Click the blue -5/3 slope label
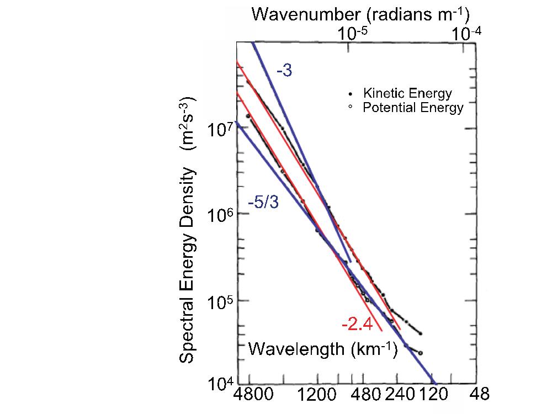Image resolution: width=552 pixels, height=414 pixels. [x=263, y=202]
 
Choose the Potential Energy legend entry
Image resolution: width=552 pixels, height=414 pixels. [x=413, y=108]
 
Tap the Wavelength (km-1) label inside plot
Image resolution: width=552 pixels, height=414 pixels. [x=323, y=349]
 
